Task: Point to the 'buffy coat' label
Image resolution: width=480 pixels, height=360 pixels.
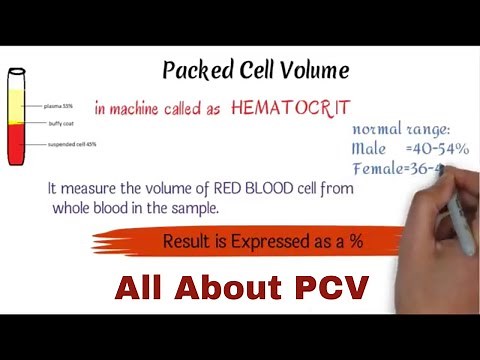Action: click(x=56, y=125)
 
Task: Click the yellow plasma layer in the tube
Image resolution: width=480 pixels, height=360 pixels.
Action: click(x=18, y=108)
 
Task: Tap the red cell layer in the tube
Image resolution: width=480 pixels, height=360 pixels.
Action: click(x=18, y=145)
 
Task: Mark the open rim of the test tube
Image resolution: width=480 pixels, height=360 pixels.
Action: click(x=18, y=70)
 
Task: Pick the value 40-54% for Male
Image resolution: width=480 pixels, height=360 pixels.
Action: click(x=441, y=149)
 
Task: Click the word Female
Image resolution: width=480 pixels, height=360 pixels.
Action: click(x=378, y=168)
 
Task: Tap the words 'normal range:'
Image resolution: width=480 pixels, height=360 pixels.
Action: click(x=400, y=130)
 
